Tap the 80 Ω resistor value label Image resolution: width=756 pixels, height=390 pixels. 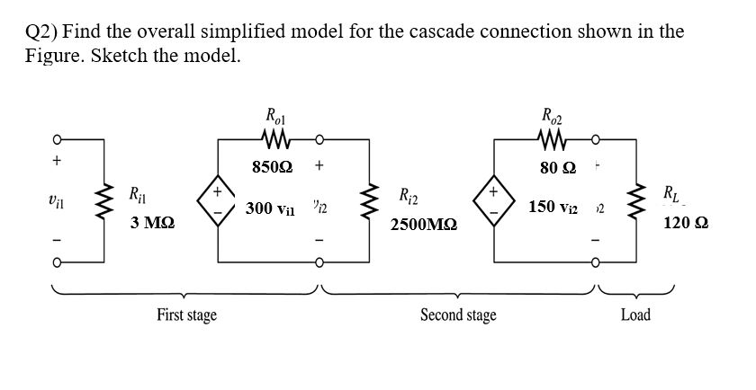558,166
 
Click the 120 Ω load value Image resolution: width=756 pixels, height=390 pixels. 684,222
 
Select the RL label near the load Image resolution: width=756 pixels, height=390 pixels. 671,192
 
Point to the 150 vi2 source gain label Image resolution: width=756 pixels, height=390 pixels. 554,208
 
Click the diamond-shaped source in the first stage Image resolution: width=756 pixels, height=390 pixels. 218,200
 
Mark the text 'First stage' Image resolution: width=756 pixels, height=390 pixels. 186,315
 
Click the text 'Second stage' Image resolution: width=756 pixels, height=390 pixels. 458,315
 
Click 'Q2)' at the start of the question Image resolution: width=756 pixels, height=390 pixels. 40,31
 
